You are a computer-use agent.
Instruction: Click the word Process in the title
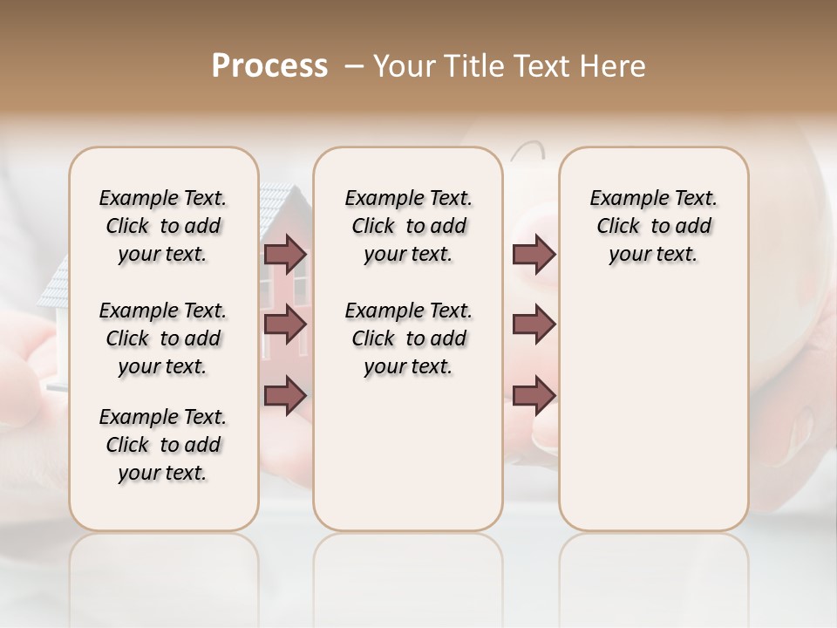[269, 66]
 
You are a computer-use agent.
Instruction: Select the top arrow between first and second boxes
[285, 255]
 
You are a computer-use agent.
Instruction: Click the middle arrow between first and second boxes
[285, 324]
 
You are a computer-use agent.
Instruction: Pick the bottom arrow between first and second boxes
[285, 395]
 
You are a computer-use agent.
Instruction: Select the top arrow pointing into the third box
[534, 255]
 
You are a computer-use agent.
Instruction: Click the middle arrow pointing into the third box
[534, 324]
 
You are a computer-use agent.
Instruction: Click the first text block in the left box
[163, 226]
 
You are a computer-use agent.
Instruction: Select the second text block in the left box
[163, 338]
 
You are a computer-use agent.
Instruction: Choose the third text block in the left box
[163, 445]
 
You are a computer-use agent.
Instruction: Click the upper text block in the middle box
[408, 226]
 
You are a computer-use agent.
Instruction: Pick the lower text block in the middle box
[408, 338]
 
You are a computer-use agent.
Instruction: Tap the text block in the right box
[654, 226]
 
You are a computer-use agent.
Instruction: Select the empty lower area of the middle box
[408, 454]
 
